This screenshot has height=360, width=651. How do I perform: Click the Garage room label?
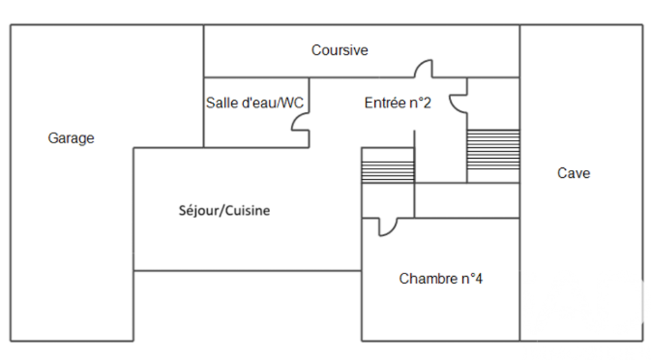(x=71, y=138)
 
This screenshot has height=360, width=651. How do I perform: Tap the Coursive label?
(x=339, y=50)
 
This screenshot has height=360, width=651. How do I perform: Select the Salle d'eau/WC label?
(x=255, y=103)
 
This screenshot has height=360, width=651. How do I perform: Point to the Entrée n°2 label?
(x=397, y=103)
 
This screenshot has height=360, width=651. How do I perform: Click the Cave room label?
(x=574, y=173)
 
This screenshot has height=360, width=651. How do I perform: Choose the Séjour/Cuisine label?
(x=224, y=211)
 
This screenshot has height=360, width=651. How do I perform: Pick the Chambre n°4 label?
(x=441, y=279)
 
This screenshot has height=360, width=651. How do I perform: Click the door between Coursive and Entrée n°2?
(x=424, y=69)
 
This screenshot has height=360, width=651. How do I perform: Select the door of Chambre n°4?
(x=388, y=226)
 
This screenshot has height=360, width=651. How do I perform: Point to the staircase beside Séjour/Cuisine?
(x=387, y=165)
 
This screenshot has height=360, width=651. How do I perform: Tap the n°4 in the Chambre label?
(x=471, y=279)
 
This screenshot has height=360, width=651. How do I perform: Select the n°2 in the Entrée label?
(x=419, y=103)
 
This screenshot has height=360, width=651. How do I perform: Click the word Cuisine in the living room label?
(x=245, y=211)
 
